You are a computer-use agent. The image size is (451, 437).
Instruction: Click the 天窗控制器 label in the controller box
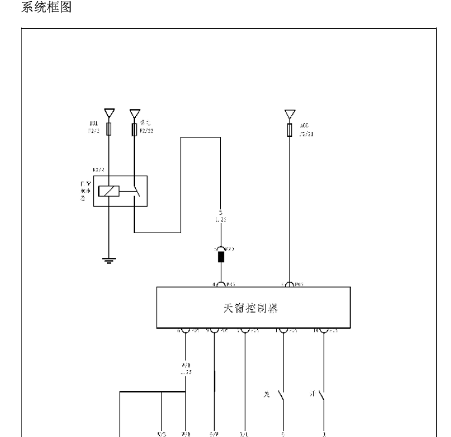click(254, 308)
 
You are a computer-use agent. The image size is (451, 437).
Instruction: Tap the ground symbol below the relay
click(108, 259)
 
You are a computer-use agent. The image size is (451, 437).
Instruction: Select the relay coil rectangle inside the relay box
click(109, 191)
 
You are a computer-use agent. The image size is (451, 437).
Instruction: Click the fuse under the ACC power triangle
click(290, 130)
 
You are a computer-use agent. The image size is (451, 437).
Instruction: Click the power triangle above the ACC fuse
click(290, 114)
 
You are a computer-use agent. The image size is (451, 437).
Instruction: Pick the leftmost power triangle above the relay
click(108, 113)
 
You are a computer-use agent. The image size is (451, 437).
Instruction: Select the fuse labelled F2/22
click(134, 129)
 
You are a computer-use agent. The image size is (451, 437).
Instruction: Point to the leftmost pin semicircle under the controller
click(185, 329)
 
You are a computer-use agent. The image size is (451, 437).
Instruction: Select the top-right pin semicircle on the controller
click(290, 285)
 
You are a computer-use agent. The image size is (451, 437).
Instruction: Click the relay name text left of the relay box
click(83, 191)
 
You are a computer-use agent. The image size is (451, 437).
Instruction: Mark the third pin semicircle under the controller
click(245, 329)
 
